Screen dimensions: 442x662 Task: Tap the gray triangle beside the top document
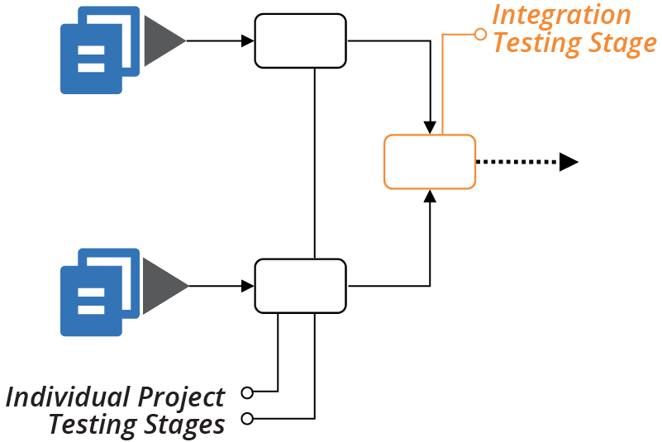click(164, 40)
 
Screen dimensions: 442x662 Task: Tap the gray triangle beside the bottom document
click(164, 287)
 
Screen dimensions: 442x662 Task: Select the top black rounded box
click(300, 40)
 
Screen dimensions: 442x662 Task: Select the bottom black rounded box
click(300, 286)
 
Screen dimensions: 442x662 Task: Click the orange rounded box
click(430, 161)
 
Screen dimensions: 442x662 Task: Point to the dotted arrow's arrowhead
click(568, 162)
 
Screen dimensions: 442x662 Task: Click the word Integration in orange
click(561, 15)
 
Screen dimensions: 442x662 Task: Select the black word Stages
click(183, 425)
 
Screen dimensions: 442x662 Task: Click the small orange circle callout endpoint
click(480, 35)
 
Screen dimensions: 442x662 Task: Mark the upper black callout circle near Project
click(246, 391)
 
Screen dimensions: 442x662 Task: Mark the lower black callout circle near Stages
click(246, 419)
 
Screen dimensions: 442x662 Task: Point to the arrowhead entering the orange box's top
click(430, 127)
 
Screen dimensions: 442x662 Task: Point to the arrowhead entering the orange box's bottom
click(430, 196)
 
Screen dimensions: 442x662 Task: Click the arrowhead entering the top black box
click(247, 40)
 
